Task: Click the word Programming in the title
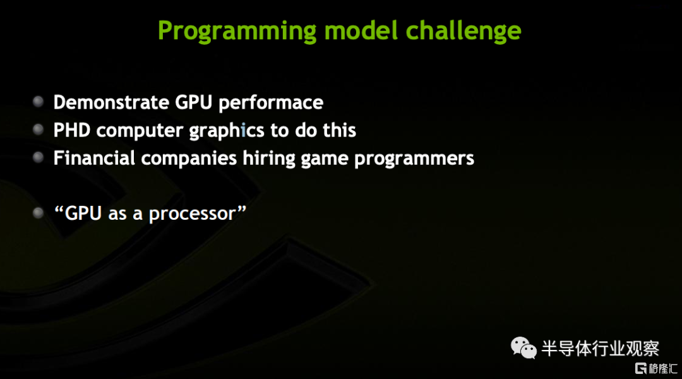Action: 237,32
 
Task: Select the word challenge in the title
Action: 464,32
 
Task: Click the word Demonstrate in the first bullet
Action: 111,103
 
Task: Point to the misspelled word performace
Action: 271,104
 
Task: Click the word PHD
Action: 72,130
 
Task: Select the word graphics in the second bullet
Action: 227,131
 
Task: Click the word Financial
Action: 94,158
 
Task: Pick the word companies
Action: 189,159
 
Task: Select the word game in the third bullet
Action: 325,160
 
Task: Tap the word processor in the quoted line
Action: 192,215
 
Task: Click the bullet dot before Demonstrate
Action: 39,102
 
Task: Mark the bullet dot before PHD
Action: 39,129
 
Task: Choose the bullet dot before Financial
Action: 39,157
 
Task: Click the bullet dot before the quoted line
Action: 39,213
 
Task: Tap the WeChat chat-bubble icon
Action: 523,347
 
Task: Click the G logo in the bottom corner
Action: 641,368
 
